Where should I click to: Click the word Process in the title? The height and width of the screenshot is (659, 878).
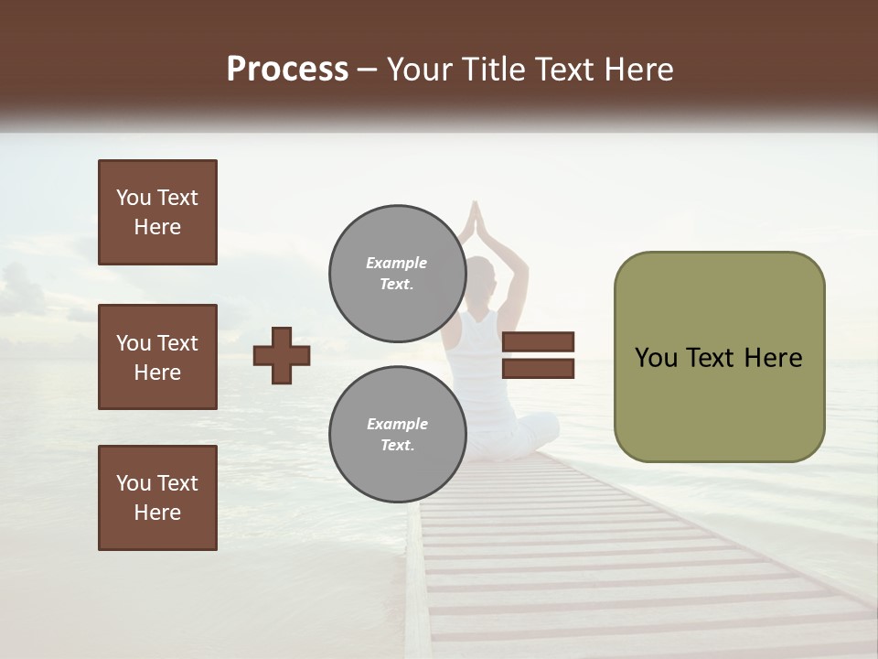tap(287, 70)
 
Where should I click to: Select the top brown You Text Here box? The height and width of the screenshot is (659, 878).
tap(157, 212)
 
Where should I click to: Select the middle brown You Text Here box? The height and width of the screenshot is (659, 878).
tap(157, 357)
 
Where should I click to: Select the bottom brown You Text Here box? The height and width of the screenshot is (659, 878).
tap(157, 498)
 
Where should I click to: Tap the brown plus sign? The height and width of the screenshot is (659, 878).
tap(282, 355)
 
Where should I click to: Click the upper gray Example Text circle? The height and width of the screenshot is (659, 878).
tap(397, 274)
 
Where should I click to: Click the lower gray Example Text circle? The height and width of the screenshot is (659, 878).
tap(397, 435)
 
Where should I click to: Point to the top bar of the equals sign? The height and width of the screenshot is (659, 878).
tap(538, 341)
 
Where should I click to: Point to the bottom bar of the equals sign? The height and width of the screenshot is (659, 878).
tap(538, 368)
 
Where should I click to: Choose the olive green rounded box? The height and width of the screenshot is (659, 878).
tap(719, 357)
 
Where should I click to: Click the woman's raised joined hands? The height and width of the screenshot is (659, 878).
tap(474, 220)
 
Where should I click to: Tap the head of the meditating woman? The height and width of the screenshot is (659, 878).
tap(479, 275)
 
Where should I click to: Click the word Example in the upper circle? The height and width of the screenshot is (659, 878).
tap(396, 263)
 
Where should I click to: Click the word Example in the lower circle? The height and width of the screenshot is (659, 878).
tap(397, 424)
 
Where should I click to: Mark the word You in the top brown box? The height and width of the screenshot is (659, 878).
tap(133, 198)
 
